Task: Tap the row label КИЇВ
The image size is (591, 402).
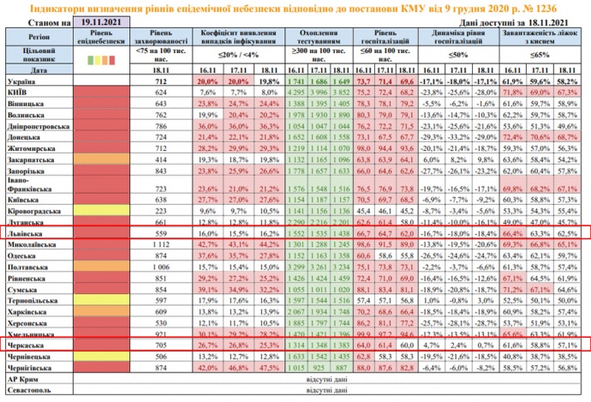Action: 20,90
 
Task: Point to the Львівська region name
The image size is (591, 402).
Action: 25,231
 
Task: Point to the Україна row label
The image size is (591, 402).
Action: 21,80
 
